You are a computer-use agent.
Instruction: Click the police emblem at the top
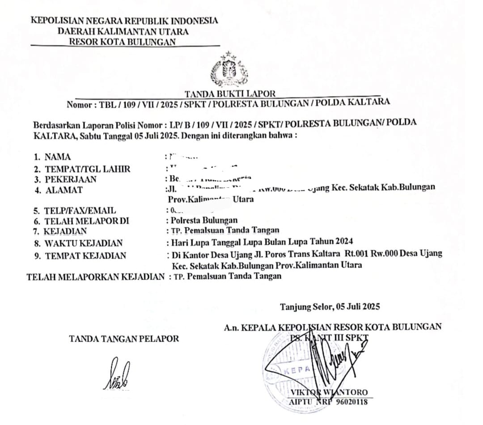click(229, 70)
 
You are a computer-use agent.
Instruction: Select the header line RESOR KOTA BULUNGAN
click(122, 42)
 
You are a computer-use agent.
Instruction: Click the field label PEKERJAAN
click(71, 179)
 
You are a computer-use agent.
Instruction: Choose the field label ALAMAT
click(64, 190)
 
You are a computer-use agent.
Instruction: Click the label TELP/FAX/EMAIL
click(80, 210)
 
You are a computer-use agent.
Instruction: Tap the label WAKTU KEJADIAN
click(84, 243)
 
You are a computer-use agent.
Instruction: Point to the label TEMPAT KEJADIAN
click(85, 256)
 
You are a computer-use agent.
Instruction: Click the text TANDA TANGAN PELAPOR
click(124, 339)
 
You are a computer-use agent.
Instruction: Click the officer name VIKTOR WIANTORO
click(329, 393)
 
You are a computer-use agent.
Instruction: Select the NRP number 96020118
click(349, 402)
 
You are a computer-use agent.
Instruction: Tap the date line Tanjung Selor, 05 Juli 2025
click(330, 307)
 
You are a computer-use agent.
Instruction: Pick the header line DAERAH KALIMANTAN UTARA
click(123, 31)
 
